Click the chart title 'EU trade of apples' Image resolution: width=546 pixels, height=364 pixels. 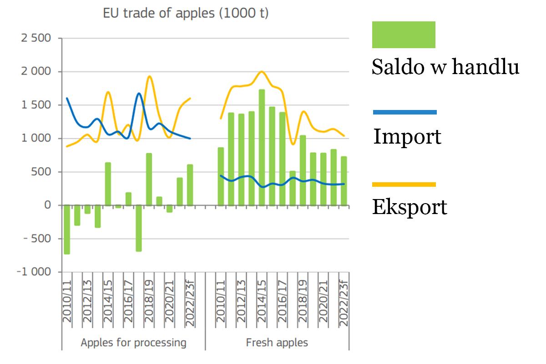pos(186,13)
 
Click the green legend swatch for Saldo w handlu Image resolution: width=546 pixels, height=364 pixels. pos(404,35)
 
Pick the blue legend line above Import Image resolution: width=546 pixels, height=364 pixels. pos(404,112)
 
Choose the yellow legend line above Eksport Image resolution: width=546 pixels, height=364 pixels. pos(404,184)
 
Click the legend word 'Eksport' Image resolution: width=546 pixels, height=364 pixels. pos(409,207)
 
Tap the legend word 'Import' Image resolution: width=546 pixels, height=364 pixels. pos(407,136)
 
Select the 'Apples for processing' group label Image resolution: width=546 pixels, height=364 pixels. pos(133,343)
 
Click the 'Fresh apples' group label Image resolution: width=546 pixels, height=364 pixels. pos(277,343)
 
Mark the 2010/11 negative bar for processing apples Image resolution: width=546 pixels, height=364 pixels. pos(67,229)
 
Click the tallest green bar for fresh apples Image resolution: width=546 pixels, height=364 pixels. pos(262,147)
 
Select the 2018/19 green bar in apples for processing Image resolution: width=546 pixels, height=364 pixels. pos(149,179)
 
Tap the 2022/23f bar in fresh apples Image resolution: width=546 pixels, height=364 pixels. pos(344,181)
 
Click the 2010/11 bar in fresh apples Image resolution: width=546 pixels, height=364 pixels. pos(221,176)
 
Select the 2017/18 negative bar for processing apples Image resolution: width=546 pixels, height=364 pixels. pos(139,228)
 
